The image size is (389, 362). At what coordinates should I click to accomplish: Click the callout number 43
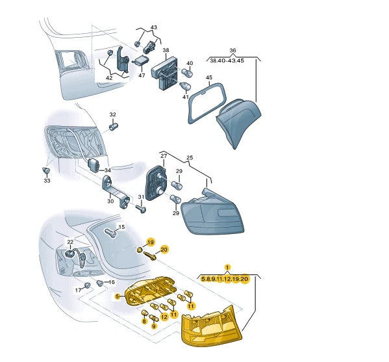(x=154, y=27)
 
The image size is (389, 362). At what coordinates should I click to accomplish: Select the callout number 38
(x=166, y=50)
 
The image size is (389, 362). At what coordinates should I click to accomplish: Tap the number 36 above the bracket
(x=232, y=51)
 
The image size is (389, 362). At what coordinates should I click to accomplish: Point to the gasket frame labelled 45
(x=207, y=103)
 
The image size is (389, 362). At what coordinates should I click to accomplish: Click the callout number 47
(x=142, y=75)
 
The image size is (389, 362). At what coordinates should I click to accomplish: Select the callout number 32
(x=112, y=114)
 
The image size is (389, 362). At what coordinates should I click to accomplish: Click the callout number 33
(x=47, y=181)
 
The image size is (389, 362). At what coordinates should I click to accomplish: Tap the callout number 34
(x=107, y=170)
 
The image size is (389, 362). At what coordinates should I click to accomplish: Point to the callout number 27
(x=164, y=156)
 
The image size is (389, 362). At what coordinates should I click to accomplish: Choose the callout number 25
(x=190, y=157)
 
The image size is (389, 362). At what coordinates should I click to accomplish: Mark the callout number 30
(x=110, y=201)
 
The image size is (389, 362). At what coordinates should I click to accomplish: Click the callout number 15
(x=121, y=227)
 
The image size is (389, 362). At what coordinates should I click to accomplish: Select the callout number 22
(x=70, y=242)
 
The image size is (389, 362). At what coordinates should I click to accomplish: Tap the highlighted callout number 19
(x=151, y=242)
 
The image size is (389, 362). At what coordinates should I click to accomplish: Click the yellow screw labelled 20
(x=150, y=256)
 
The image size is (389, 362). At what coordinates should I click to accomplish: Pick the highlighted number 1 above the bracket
(x=227, y=267)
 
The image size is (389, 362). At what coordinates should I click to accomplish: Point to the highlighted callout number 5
(x=118, y=296)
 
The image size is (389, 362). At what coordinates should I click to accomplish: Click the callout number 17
(x=79, y=290)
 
